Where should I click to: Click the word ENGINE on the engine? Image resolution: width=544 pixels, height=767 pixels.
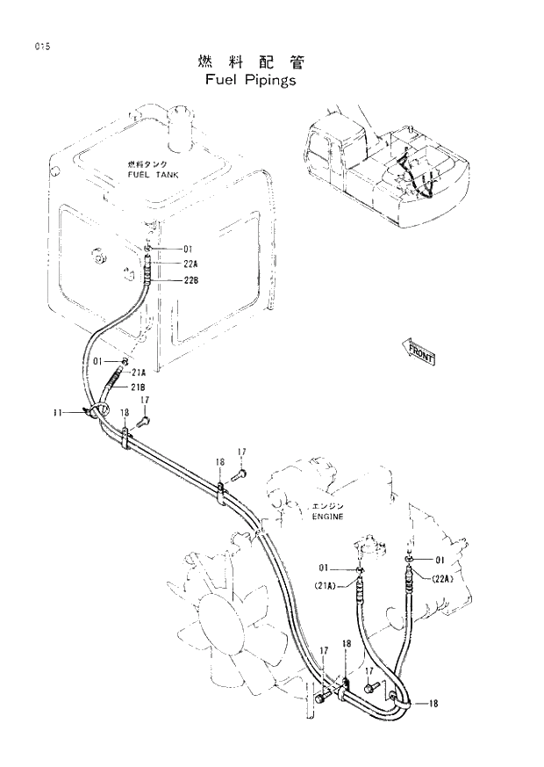[327, 517]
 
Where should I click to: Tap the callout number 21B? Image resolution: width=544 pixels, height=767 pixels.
[139, 387]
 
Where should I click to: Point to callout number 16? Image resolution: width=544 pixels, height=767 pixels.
[219, 462]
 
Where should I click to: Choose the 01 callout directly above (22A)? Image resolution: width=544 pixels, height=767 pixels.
[440, 560]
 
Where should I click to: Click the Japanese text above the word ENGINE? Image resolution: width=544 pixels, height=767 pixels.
[327, 506]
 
